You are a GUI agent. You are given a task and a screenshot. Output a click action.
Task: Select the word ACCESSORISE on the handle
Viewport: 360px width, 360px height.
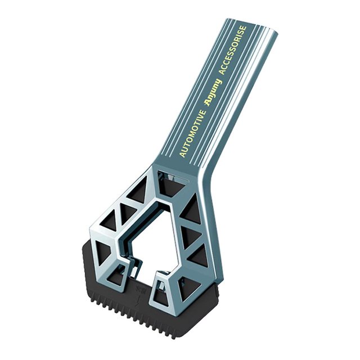tap(233, 50)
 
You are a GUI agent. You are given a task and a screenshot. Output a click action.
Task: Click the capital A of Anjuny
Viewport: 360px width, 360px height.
tap(208, 102)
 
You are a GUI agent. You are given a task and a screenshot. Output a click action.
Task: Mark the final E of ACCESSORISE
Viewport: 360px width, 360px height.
tap(244, 28)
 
